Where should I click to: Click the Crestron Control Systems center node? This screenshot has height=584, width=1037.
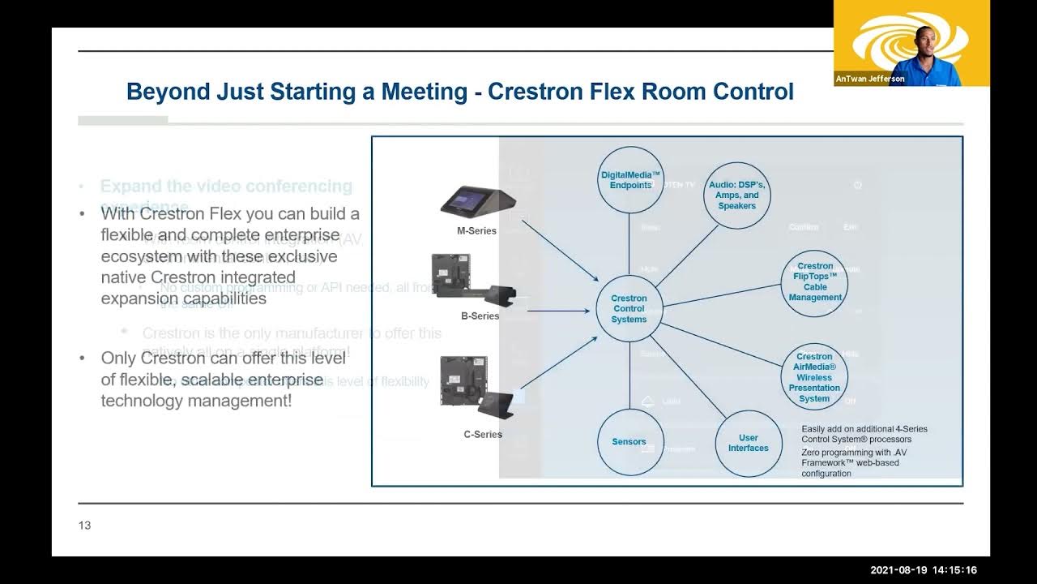pos(629,309)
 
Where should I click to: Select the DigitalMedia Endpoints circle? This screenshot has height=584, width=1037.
pos(630,179)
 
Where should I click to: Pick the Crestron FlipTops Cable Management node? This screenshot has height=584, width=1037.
pos(815,282)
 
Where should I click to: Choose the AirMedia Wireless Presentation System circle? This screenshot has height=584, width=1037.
pos(814,377)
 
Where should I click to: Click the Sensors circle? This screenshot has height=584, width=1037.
pos(629,442)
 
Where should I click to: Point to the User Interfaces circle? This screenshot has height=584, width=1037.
pos(748,443)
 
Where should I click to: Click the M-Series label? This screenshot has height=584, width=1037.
pos(476,231)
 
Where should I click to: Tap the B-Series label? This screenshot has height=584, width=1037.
pos(480,316)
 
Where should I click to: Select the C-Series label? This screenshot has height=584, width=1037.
pos(483,435)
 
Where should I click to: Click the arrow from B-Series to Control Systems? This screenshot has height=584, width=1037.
pos(559,310)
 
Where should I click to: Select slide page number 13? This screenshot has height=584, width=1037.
pos(84,526)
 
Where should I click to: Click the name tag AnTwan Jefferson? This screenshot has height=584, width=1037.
pos(870,79)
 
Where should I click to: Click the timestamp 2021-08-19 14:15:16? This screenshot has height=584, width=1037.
pos(924,570)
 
